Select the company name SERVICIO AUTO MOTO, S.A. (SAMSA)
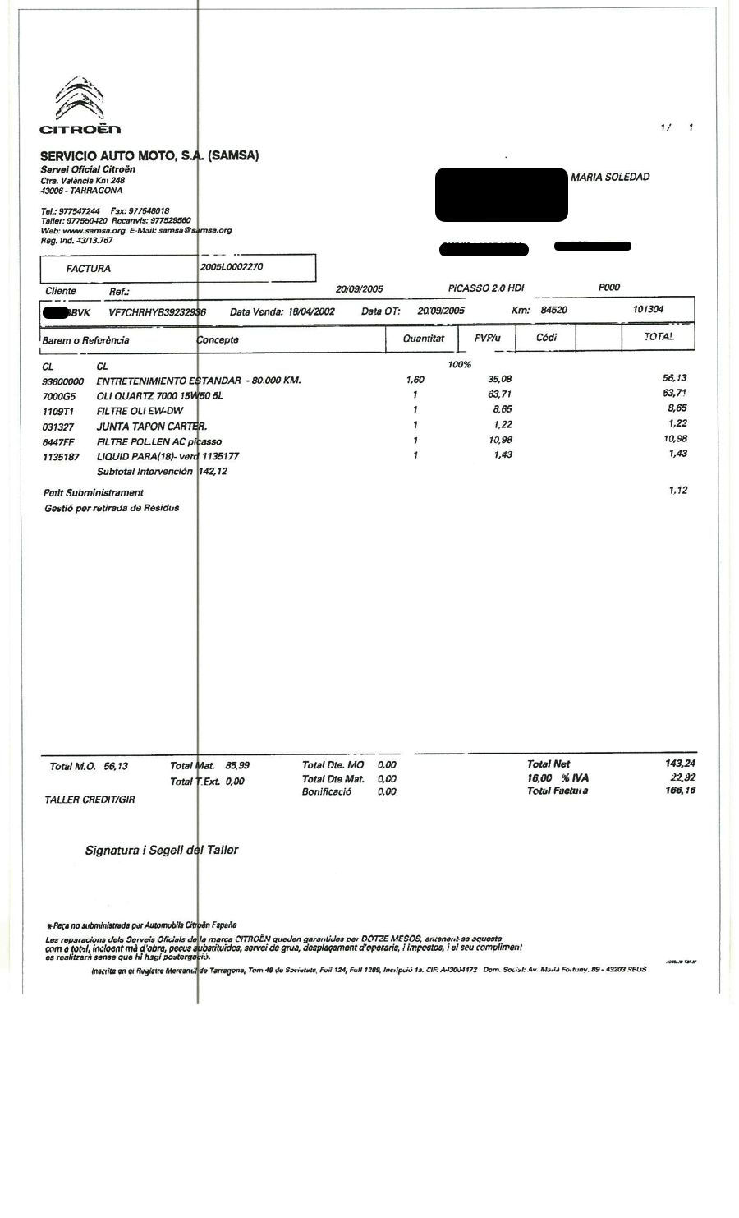[x=149, y=155]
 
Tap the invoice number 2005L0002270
[x=232, y=267]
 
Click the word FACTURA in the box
[x=89, y=269]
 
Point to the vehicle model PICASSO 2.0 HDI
[x=486, y=288]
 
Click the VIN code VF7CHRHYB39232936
[x=157, y=312]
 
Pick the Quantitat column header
[x=424, y=339]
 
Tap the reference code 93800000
[x=63, y=382]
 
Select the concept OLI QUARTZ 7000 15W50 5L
[x=159, y=396]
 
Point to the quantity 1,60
[x=415, y=381]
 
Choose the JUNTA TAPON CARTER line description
[x=152, y=426]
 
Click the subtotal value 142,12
[x=213, y=472]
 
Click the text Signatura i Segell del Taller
[x=162, y=850]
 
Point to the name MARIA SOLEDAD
[x=610, y=178]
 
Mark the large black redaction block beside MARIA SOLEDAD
[x=501, y=195]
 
